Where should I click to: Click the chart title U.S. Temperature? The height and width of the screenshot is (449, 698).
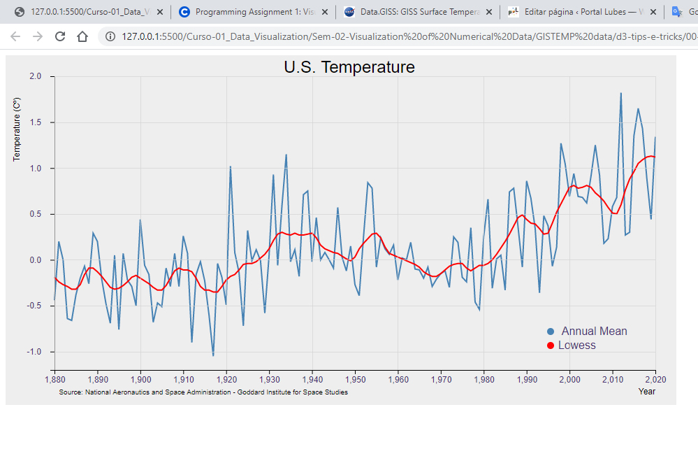coord(349,67)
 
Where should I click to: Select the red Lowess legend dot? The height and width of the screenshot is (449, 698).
coord(551,345)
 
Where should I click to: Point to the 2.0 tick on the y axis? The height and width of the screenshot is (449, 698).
coord(36,76)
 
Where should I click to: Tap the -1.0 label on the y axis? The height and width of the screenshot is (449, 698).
coord(34,352)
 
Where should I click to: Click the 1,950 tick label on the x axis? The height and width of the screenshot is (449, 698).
coord(355,380)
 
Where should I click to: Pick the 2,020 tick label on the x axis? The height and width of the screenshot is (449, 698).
coord(655,380)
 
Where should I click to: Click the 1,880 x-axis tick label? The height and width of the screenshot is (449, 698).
coord(55,380)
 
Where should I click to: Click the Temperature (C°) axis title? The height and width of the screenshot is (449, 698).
coord(17,129)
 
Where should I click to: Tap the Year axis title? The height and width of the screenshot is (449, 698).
coord(647,392)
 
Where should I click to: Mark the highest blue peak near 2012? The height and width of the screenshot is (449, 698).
coord(621,94)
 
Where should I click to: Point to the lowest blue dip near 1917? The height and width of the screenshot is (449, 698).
coord(213,355)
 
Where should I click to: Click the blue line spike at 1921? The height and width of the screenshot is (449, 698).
coord(230,166)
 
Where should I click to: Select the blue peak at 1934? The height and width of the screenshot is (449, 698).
coord(286,155)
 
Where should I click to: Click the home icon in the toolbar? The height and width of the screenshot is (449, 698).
coord(82,36)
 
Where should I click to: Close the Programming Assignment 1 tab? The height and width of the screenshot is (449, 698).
coord(325,12)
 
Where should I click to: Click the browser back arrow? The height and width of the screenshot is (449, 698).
coord(15,36)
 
